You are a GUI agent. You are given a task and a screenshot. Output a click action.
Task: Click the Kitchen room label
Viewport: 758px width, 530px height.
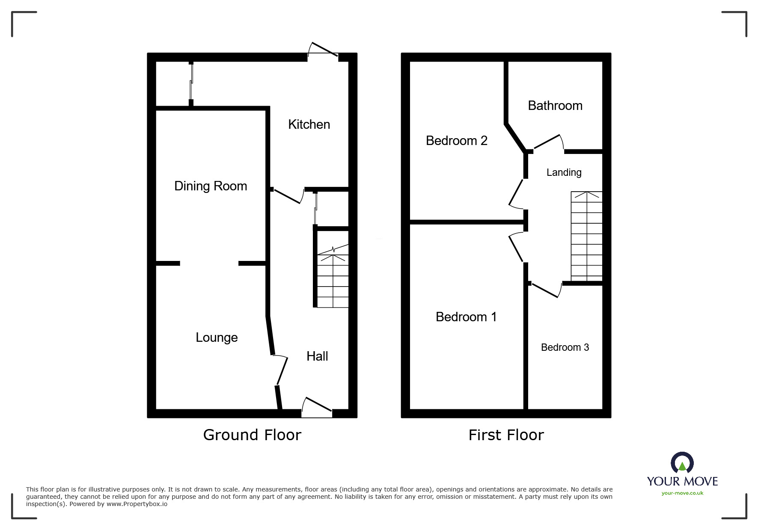(309, 124)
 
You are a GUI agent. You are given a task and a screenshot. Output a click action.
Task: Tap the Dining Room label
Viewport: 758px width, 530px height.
(211, 186)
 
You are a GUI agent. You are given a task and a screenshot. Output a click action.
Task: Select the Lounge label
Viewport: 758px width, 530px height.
(217, 338)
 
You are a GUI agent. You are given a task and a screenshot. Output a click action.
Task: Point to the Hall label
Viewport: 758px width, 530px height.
(317, 356)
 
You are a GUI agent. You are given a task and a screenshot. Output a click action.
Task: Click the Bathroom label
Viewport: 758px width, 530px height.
(555, 106)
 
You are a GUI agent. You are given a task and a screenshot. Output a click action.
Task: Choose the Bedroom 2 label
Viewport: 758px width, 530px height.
(457, 141)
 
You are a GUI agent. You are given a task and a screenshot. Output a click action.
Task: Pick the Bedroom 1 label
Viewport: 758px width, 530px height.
(466, 317)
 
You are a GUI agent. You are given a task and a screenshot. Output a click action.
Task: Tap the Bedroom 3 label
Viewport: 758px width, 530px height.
(565, 347)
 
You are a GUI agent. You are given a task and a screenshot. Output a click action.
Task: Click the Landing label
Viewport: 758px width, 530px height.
(564, 172)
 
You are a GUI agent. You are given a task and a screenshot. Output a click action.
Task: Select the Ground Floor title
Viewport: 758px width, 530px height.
(252, 435)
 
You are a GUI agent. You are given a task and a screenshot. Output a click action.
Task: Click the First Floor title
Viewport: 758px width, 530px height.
(506, 435)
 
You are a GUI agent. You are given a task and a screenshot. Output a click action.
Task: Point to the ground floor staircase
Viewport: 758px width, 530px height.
(333, 276)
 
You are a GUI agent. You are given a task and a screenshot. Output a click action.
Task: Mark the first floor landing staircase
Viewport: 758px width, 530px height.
(586, 236)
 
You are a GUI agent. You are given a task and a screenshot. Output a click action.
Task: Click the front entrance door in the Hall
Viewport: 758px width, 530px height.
(317, 407)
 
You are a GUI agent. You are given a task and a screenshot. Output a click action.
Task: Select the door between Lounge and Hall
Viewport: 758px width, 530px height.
(281, 370)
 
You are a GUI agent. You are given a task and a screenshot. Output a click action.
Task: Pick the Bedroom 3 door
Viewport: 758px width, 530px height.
(545, 290)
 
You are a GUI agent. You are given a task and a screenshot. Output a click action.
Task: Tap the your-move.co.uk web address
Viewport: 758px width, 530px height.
(682, 493)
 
